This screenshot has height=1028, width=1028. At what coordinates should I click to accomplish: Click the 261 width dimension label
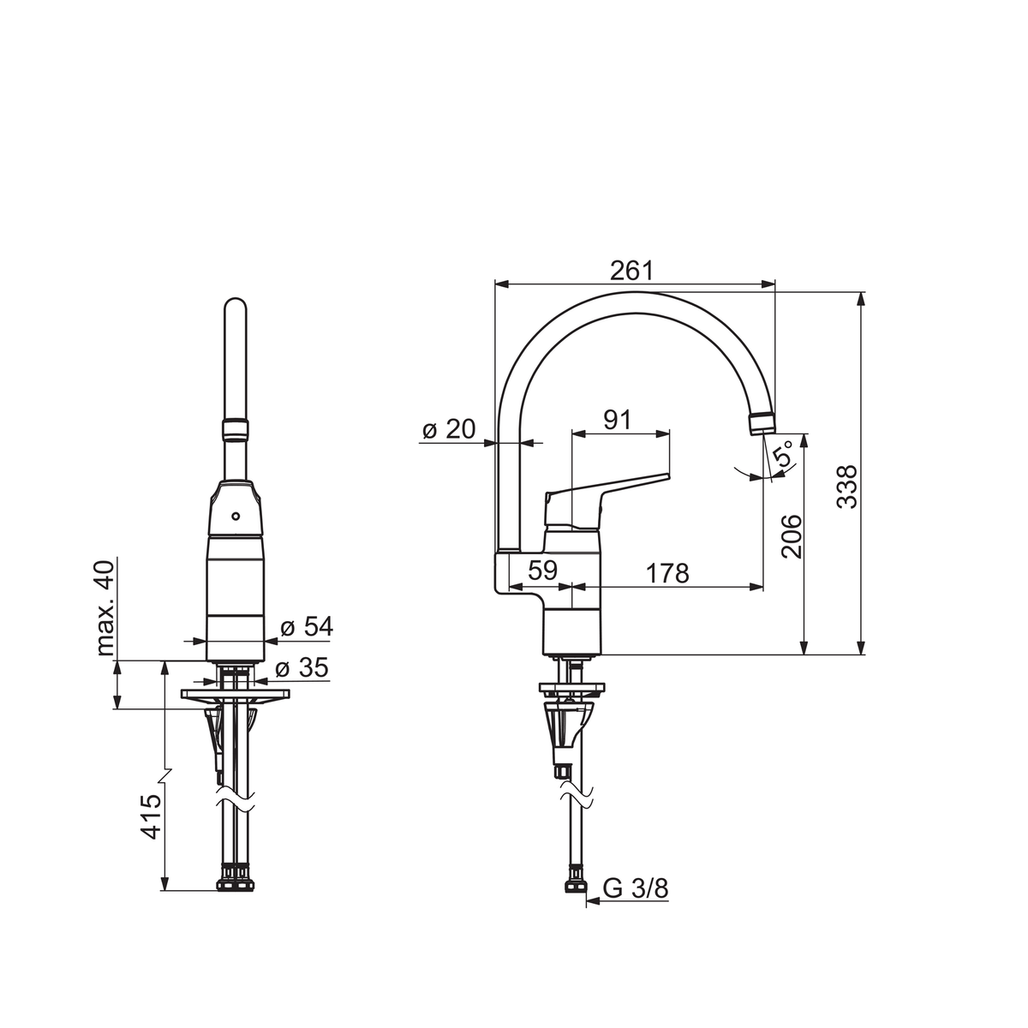[x=631, y=271]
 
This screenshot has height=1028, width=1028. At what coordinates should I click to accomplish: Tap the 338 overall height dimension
[x=846, y=487]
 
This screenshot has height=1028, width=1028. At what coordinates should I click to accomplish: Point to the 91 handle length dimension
[x=617, y=420]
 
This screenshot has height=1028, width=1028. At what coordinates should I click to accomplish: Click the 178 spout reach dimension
[x=667, y=573]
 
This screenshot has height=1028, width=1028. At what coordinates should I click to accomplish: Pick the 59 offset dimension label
[x=542, y=570]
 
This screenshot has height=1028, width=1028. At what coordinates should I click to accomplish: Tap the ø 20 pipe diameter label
[x=449, y=429]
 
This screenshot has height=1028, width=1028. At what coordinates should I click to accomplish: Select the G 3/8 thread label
[x=636, y=888]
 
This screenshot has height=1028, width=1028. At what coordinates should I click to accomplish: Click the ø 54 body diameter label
[x=306, y=626]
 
